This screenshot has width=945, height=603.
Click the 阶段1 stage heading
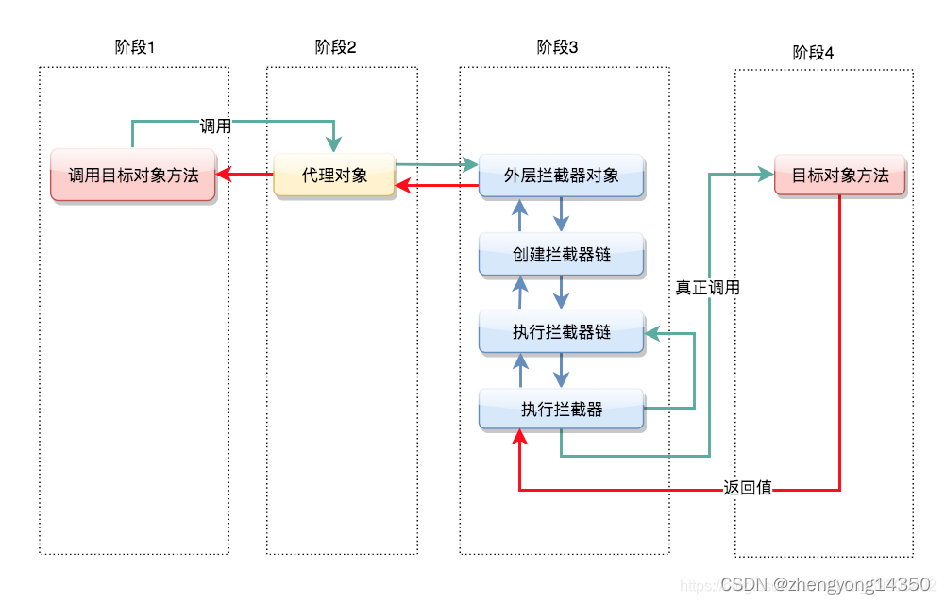[133, 48]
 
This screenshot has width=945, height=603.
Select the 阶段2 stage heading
[335, 48]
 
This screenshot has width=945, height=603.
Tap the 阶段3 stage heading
[557, 48]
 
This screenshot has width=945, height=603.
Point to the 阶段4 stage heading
[813, 53]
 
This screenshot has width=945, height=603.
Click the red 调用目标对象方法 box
[133, 175]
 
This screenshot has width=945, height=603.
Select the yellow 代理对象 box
[334, 175]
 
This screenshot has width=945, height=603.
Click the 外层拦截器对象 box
[561, 176]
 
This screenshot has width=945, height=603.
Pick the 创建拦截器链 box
[561, 255]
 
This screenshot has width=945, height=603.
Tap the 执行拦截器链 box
[561, 332]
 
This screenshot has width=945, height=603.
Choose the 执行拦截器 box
[561, 410]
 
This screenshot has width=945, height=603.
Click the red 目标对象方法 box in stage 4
[839, 175]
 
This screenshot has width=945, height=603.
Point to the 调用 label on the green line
[215, 126]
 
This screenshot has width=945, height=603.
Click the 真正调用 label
[707, 288]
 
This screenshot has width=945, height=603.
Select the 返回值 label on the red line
[748, 488]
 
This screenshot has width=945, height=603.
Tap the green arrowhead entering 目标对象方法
[766, 175]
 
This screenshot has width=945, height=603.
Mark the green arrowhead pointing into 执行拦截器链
[652, 332]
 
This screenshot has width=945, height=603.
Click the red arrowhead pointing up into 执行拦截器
[519, 437]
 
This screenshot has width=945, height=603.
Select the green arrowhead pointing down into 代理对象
[334, 144]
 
